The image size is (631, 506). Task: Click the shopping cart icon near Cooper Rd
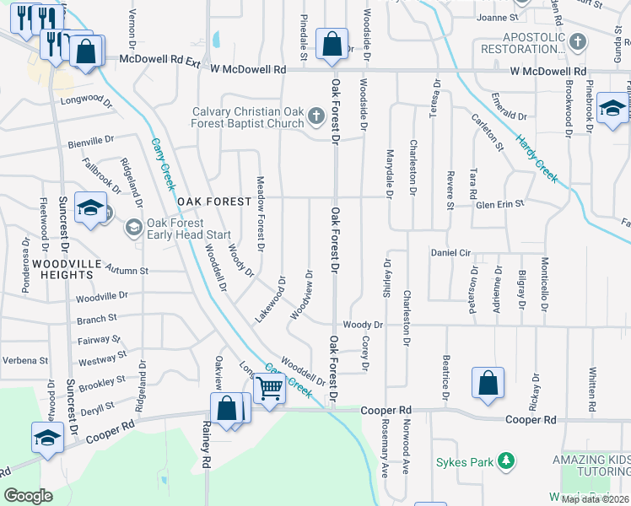coord(269,389)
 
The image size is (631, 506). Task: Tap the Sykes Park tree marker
coord(506,461)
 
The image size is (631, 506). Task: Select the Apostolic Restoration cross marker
coord(578,40)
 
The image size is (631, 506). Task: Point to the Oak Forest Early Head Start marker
coord(133,228)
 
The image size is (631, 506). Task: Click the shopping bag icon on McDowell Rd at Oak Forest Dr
coord(332,44)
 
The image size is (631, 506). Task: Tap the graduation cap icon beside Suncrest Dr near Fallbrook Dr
coord(89,208)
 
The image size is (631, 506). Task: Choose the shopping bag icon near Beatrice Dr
coord(488,383)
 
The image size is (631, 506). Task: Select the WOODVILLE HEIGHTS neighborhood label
coord(62,269)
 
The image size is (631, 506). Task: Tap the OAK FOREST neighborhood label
coord(214,202)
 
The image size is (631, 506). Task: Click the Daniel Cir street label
coord(450,252)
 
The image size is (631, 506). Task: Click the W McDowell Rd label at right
coord(547,72)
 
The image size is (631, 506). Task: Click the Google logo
coord(28,495)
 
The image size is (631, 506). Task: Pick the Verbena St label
coord(25,360)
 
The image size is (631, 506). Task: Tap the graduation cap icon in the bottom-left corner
coord(47,437)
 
